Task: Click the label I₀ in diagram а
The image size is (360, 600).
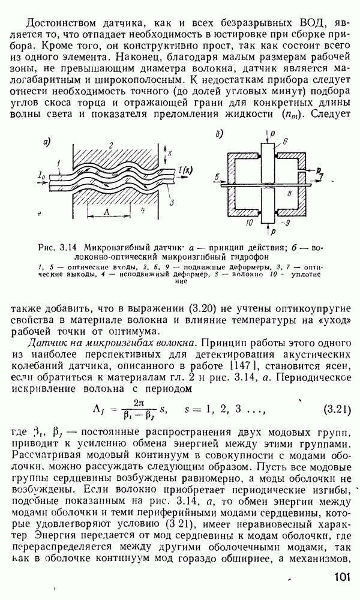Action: pos(41,176)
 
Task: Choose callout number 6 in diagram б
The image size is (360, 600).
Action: pos(285,140)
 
